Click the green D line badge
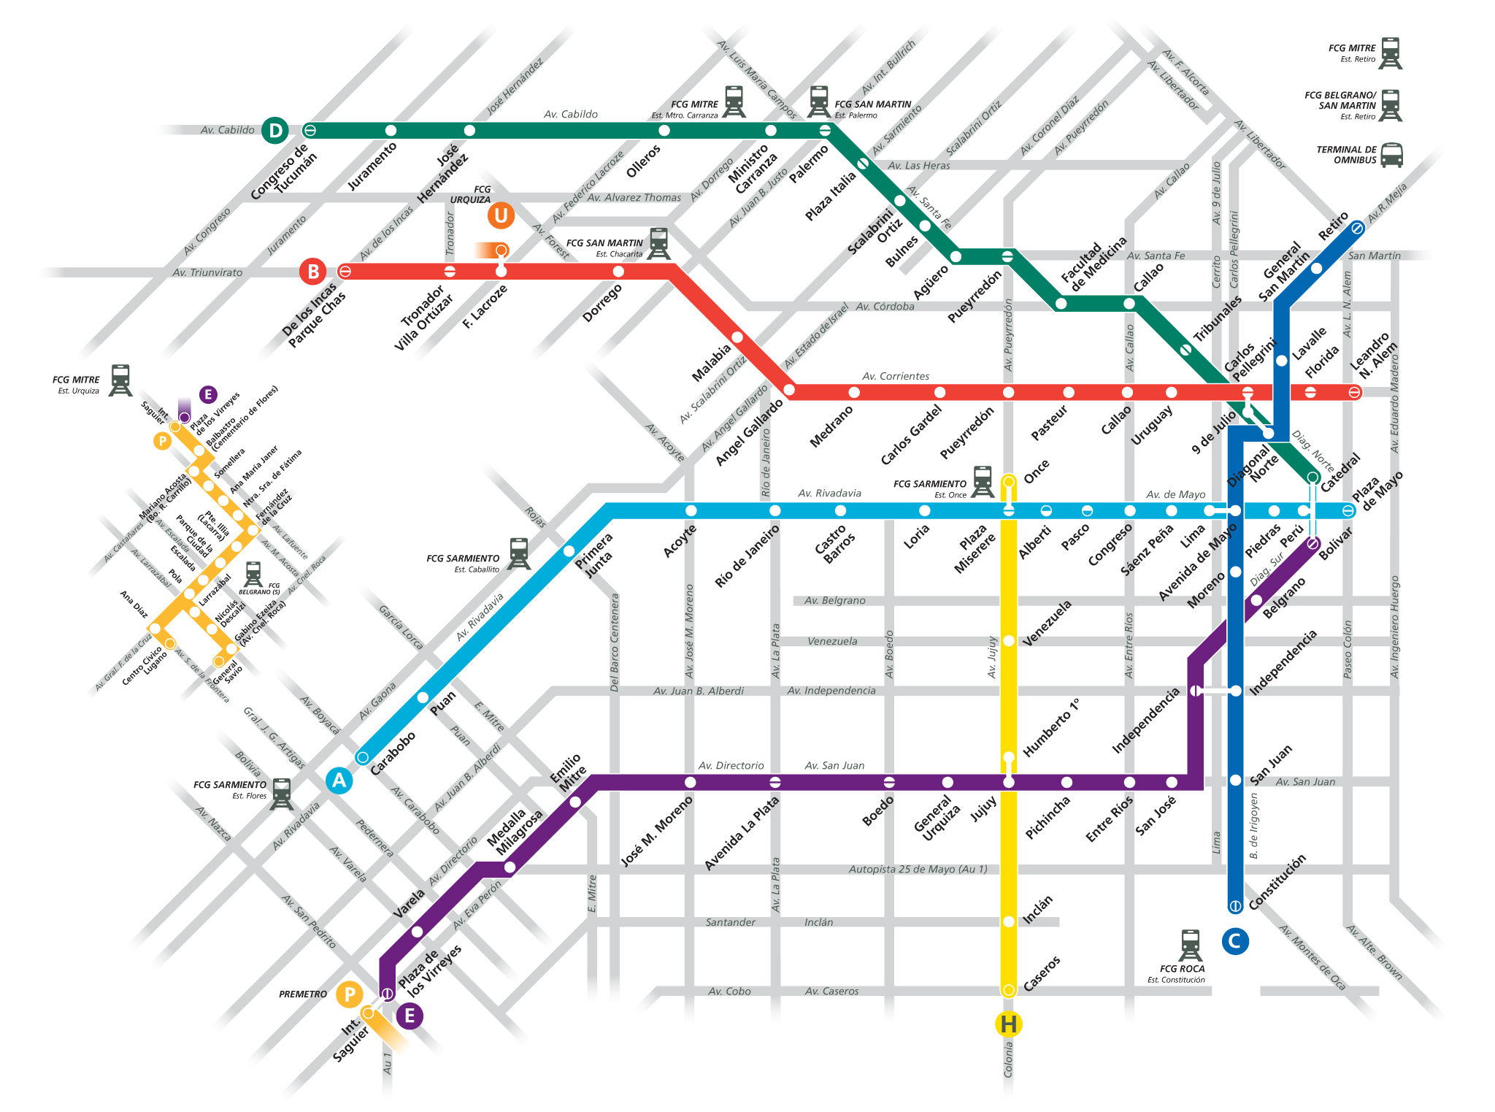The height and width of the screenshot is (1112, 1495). [275, 131]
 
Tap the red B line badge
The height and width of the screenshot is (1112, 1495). [313, 272]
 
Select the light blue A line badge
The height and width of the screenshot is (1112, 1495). [339, 781]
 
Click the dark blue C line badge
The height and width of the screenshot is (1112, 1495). [1234, 941]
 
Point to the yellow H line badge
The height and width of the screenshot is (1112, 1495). [1008, 1024]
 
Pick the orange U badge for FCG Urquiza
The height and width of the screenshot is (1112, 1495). [501, 215]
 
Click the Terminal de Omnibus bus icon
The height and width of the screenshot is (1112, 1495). [1391, 155]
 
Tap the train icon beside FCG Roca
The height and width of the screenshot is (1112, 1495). [1190, 946]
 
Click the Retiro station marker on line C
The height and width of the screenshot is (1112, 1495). [1356, 228]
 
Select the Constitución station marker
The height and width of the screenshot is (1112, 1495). [1235, 906]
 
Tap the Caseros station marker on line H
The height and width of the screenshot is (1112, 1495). [1008, 990]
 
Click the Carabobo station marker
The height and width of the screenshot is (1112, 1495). [363, 757]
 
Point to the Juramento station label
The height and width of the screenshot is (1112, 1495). [372, 166]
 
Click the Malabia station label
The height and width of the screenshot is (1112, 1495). [711, 363]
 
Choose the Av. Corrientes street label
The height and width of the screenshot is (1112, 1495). [896, 376]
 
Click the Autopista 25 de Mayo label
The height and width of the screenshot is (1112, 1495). [918, 869]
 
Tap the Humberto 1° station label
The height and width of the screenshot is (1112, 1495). [1051, 728]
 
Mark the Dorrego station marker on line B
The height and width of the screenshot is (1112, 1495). [618, 272]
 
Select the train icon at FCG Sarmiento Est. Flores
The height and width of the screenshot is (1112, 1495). [281, 794]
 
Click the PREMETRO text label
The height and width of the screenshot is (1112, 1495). [303, 994]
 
